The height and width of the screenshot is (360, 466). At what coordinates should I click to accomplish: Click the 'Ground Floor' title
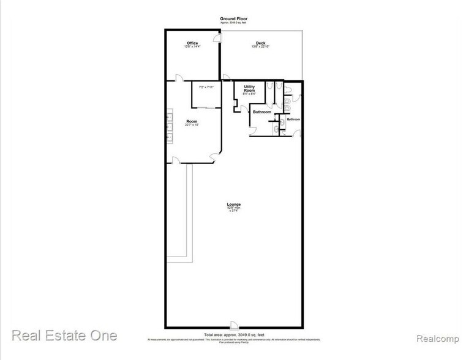coord(233,19)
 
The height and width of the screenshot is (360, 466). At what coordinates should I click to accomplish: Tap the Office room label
coord(192,42)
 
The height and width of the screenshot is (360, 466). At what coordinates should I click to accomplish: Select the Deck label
coord(260,42)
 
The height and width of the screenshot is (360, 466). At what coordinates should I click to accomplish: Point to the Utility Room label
coord(249,88)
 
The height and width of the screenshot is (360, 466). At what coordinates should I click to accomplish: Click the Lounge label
coord(233,204)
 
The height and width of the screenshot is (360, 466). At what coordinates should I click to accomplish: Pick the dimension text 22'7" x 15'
coord(192,125)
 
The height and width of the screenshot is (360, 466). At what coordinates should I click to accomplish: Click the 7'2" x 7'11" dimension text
coord(205,87)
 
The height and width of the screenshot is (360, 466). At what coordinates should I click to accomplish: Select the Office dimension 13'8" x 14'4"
coord(192,47)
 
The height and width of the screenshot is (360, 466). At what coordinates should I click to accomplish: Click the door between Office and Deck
coord(217,39)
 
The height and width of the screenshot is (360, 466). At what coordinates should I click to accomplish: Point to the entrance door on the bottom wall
coord(233,324)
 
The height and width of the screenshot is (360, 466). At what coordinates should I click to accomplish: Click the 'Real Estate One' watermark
coord(64,336)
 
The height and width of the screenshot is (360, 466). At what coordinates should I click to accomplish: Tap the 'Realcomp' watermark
coord(435,337)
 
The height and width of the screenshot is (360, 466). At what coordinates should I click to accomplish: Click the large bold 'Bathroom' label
coord(262,112)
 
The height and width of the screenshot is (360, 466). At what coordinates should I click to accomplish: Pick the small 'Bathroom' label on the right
coord(294,119)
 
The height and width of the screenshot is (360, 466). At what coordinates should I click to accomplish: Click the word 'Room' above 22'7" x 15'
coord(192,121)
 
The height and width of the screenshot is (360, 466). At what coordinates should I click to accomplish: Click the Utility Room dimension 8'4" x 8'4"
coord(249,94)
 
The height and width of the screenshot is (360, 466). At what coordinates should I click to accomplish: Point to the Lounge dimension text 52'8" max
coord(233,209)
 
